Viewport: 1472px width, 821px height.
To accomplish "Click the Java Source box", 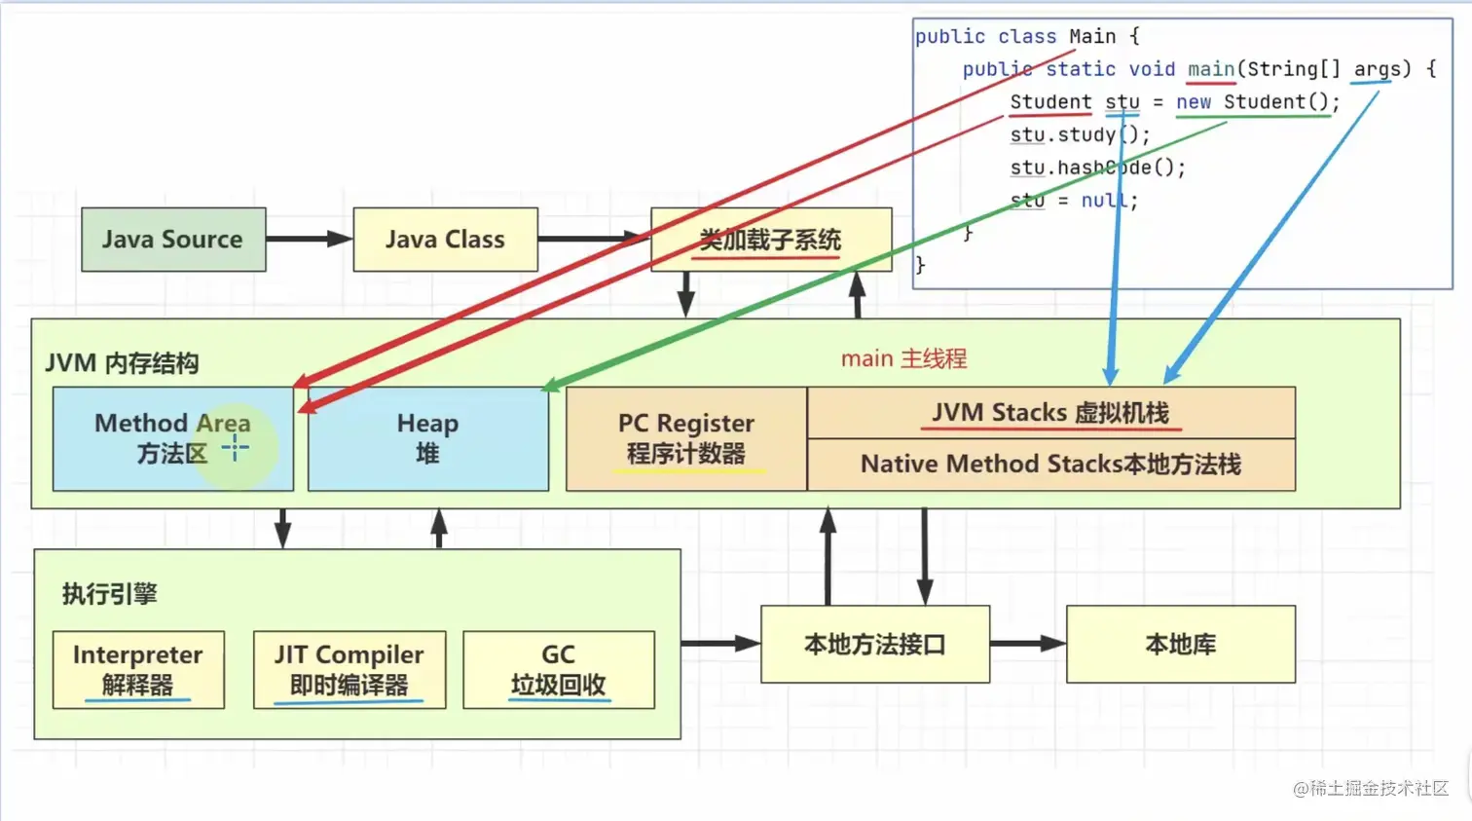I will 173,240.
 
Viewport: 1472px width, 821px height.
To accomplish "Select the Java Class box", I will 445,240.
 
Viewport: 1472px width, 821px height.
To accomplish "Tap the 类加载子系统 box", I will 770,240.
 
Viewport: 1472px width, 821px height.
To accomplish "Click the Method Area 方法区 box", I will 172,438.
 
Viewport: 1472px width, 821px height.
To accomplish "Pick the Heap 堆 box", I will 427,438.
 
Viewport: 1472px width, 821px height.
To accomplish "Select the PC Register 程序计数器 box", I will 685,438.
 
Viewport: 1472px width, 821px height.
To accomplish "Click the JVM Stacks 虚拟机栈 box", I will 1050,413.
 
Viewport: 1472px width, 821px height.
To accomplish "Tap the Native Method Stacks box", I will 1050,465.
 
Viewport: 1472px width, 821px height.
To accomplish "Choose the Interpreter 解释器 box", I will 138,669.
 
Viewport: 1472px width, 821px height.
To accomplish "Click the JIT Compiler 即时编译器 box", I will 349,669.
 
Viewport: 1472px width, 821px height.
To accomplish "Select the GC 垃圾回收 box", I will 558,669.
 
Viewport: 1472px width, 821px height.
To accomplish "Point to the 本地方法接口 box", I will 874,645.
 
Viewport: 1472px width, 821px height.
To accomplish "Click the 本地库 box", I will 1180,645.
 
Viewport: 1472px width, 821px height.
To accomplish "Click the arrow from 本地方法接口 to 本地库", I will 1027,644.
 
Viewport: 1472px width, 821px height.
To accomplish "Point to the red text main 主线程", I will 903,358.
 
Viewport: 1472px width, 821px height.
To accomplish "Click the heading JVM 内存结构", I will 122,363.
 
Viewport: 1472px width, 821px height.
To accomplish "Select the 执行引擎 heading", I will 109,594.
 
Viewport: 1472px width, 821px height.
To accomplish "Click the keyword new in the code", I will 1193,102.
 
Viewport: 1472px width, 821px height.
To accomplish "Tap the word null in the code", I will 1103,201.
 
